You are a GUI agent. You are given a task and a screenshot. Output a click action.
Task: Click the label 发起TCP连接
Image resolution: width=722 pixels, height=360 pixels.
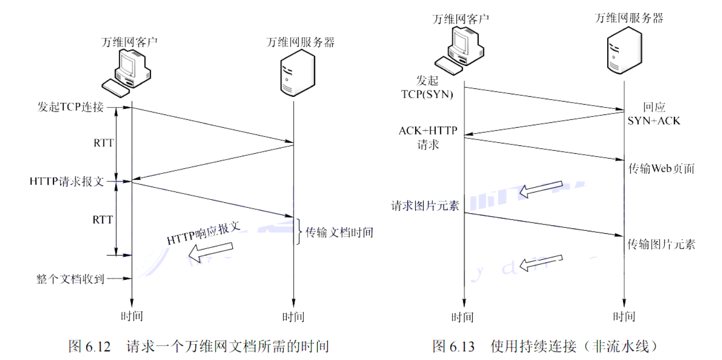tap(71, 107)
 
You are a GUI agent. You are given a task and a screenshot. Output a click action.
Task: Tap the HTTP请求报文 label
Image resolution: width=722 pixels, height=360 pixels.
tap(67, 181)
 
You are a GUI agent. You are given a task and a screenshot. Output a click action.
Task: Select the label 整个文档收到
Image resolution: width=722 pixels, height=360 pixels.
tap(70, 278)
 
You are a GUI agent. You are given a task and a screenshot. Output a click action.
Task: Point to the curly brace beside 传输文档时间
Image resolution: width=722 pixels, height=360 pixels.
tap(298, 231)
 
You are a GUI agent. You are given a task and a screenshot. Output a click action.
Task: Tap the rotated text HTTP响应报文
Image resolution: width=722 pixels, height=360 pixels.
tap(203, 233)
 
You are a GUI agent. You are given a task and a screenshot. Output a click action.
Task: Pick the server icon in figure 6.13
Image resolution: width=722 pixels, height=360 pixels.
tap(623, 49)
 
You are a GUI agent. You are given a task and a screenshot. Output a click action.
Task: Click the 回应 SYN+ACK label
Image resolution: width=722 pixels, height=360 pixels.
tap(653, 114)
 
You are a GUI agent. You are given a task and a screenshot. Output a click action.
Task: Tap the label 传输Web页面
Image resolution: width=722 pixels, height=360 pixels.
tap(662, 168)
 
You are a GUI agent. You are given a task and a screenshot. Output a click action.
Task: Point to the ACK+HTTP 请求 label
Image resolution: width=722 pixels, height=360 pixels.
tap(428, 137)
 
